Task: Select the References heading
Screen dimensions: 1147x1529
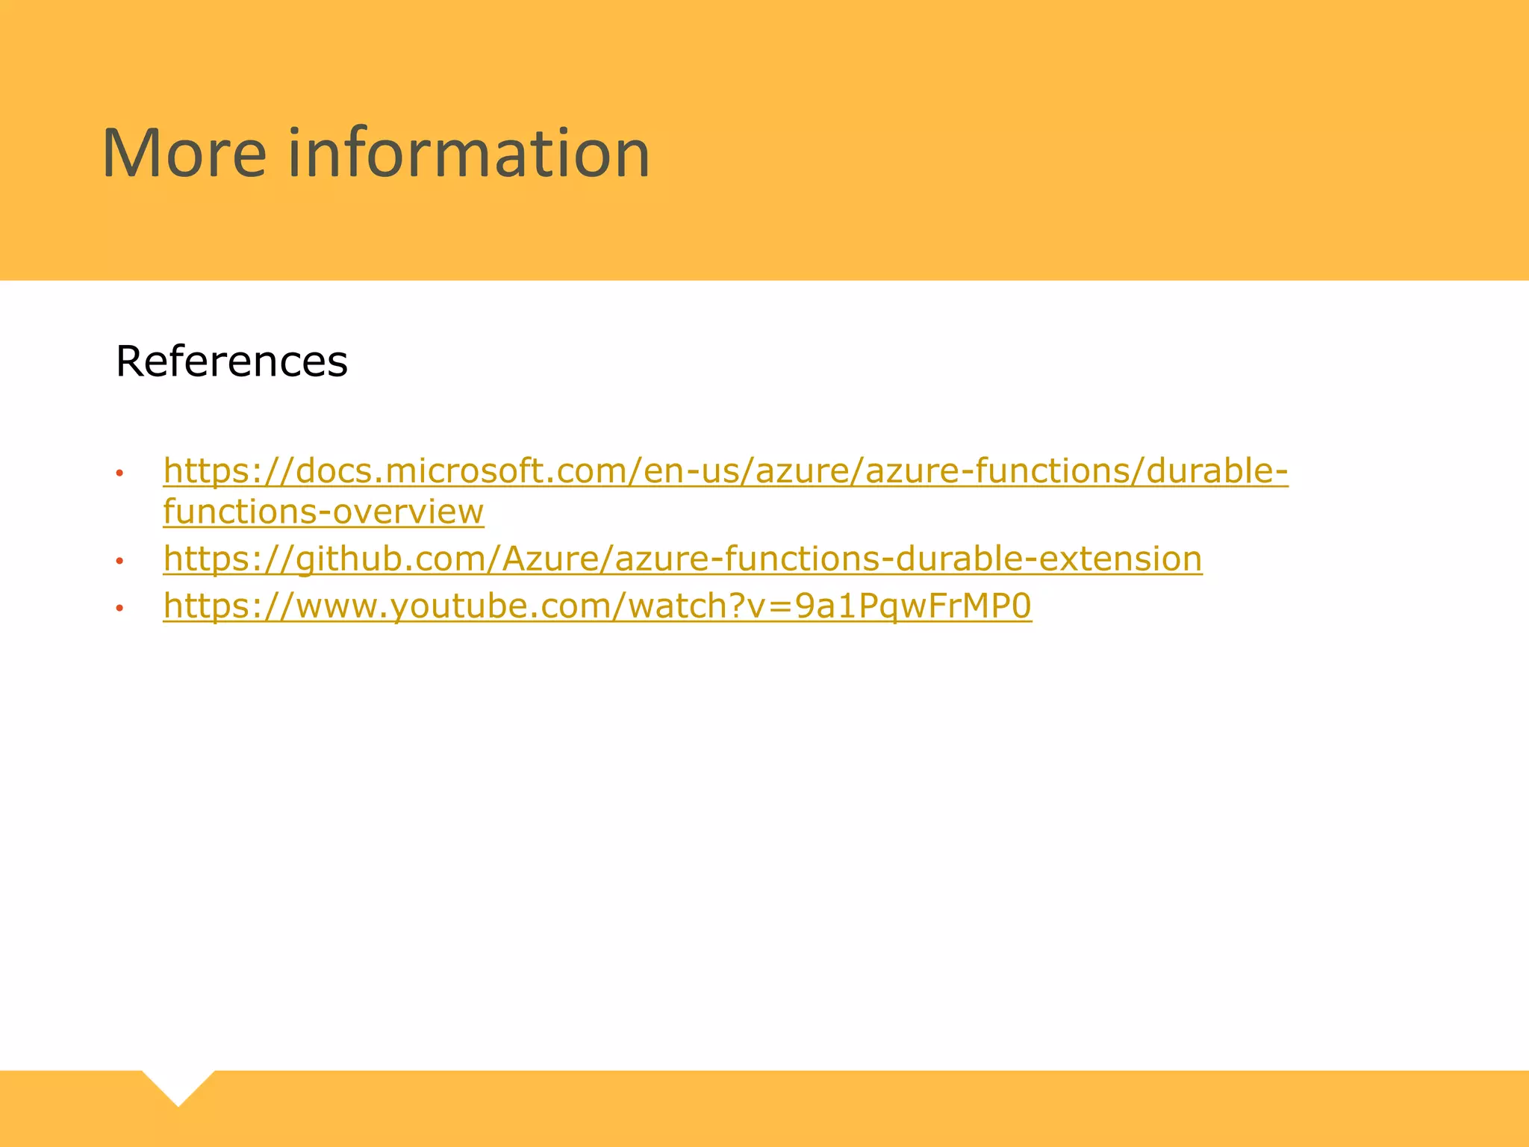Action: coord(231,361)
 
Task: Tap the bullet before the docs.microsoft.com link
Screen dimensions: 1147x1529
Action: coord(119,473)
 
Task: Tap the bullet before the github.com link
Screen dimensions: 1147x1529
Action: coord(119,561)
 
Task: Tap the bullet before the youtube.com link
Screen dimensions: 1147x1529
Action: coord(119,608)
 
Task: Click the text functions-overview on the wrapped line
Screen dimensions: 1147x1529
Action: coord(323,512)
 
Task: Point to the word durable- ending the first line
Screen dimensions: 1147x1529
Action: coord(1217,471)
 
